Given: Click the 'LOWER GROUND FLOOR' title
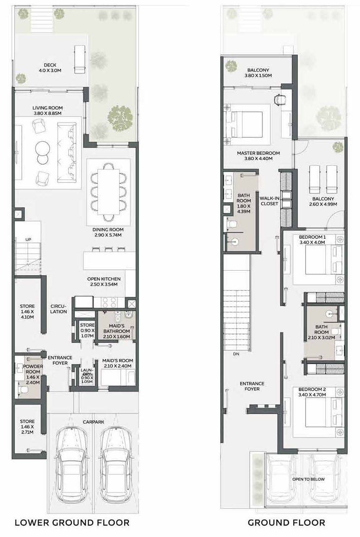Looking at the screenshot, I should (72, 522).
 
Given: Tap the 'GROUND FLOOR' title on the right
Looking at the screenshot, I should (286, 522).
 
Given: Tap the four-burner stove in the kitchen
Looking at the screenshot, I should (109, 302).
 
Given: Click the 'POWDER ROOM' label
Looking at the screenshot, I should (32, 372).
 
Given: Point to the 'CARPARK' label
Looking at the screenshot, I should (93, 422).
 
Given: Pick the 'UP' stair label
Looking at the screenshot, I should (28, 240).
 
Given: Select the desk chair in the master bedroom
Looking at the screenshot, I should (279, 100).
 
